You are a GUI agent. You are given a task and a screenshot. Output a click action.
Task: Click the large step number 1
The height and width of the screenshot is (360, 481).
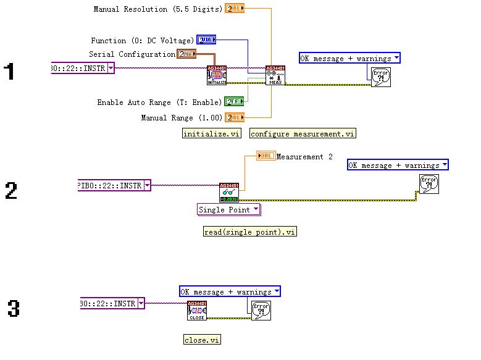[x=9, y=72]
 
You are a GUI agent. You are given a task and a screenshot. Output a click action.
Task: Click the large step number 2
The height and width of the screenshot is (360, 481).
[x=10, y=190]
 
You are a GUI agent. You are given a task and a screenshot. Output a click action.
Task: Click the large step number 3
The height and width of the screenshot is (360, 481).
[x=14, y=308]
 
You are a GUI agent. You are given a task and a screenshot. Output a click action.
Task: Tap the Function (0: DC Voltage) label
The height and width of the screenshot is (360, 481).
[x=142, y=41]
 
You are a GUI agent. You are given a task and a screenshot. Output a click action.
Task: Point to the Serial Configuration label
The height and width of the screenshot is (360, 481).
[x=132, y=54]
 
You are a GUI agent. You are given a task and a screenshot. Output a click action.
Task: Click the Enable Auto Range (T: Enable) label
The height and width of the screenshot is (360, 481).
[x=160, y=103]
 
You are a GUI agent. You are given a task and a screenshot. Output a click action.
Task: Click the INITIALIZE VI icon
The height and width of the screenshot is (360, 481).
[x=217, y=75]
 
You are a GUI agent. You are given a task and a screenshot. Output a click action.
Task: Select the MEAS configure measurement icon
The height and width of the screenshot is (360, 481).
[x=275, y=75]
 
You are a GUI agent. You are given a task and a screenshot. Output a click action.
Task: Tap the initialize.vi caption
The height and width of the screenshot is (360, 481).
[x=212, y=133]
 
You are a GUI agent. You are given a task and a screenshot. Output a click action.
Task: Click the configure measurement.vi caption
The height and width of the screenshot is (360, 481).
[x=303, y=133]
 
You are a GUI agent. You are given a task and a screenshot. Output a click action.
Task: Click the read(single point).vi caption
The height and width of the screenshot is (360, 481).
[x=250, y=232]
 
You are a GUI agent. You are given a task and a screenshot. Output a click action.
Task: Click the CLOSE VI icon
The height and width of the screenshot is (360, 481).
[x=196, y=311]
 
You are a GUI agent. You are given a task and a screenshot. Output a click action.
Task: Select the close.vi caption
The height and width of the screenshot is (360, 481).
[x=202, y=340]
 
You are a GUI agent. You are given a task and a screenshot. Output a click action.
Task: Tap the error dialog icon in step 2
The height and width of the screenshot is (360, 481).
[x=429, y=184]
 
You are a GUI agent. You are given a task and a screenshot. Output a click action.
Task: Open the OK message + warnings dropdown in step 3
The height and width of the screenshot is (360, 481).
[x=230, y=291]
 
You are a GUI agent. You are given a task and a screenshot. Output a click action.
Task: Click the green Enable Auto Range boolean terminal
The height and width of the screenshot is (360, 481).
[x=234, y=102]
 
